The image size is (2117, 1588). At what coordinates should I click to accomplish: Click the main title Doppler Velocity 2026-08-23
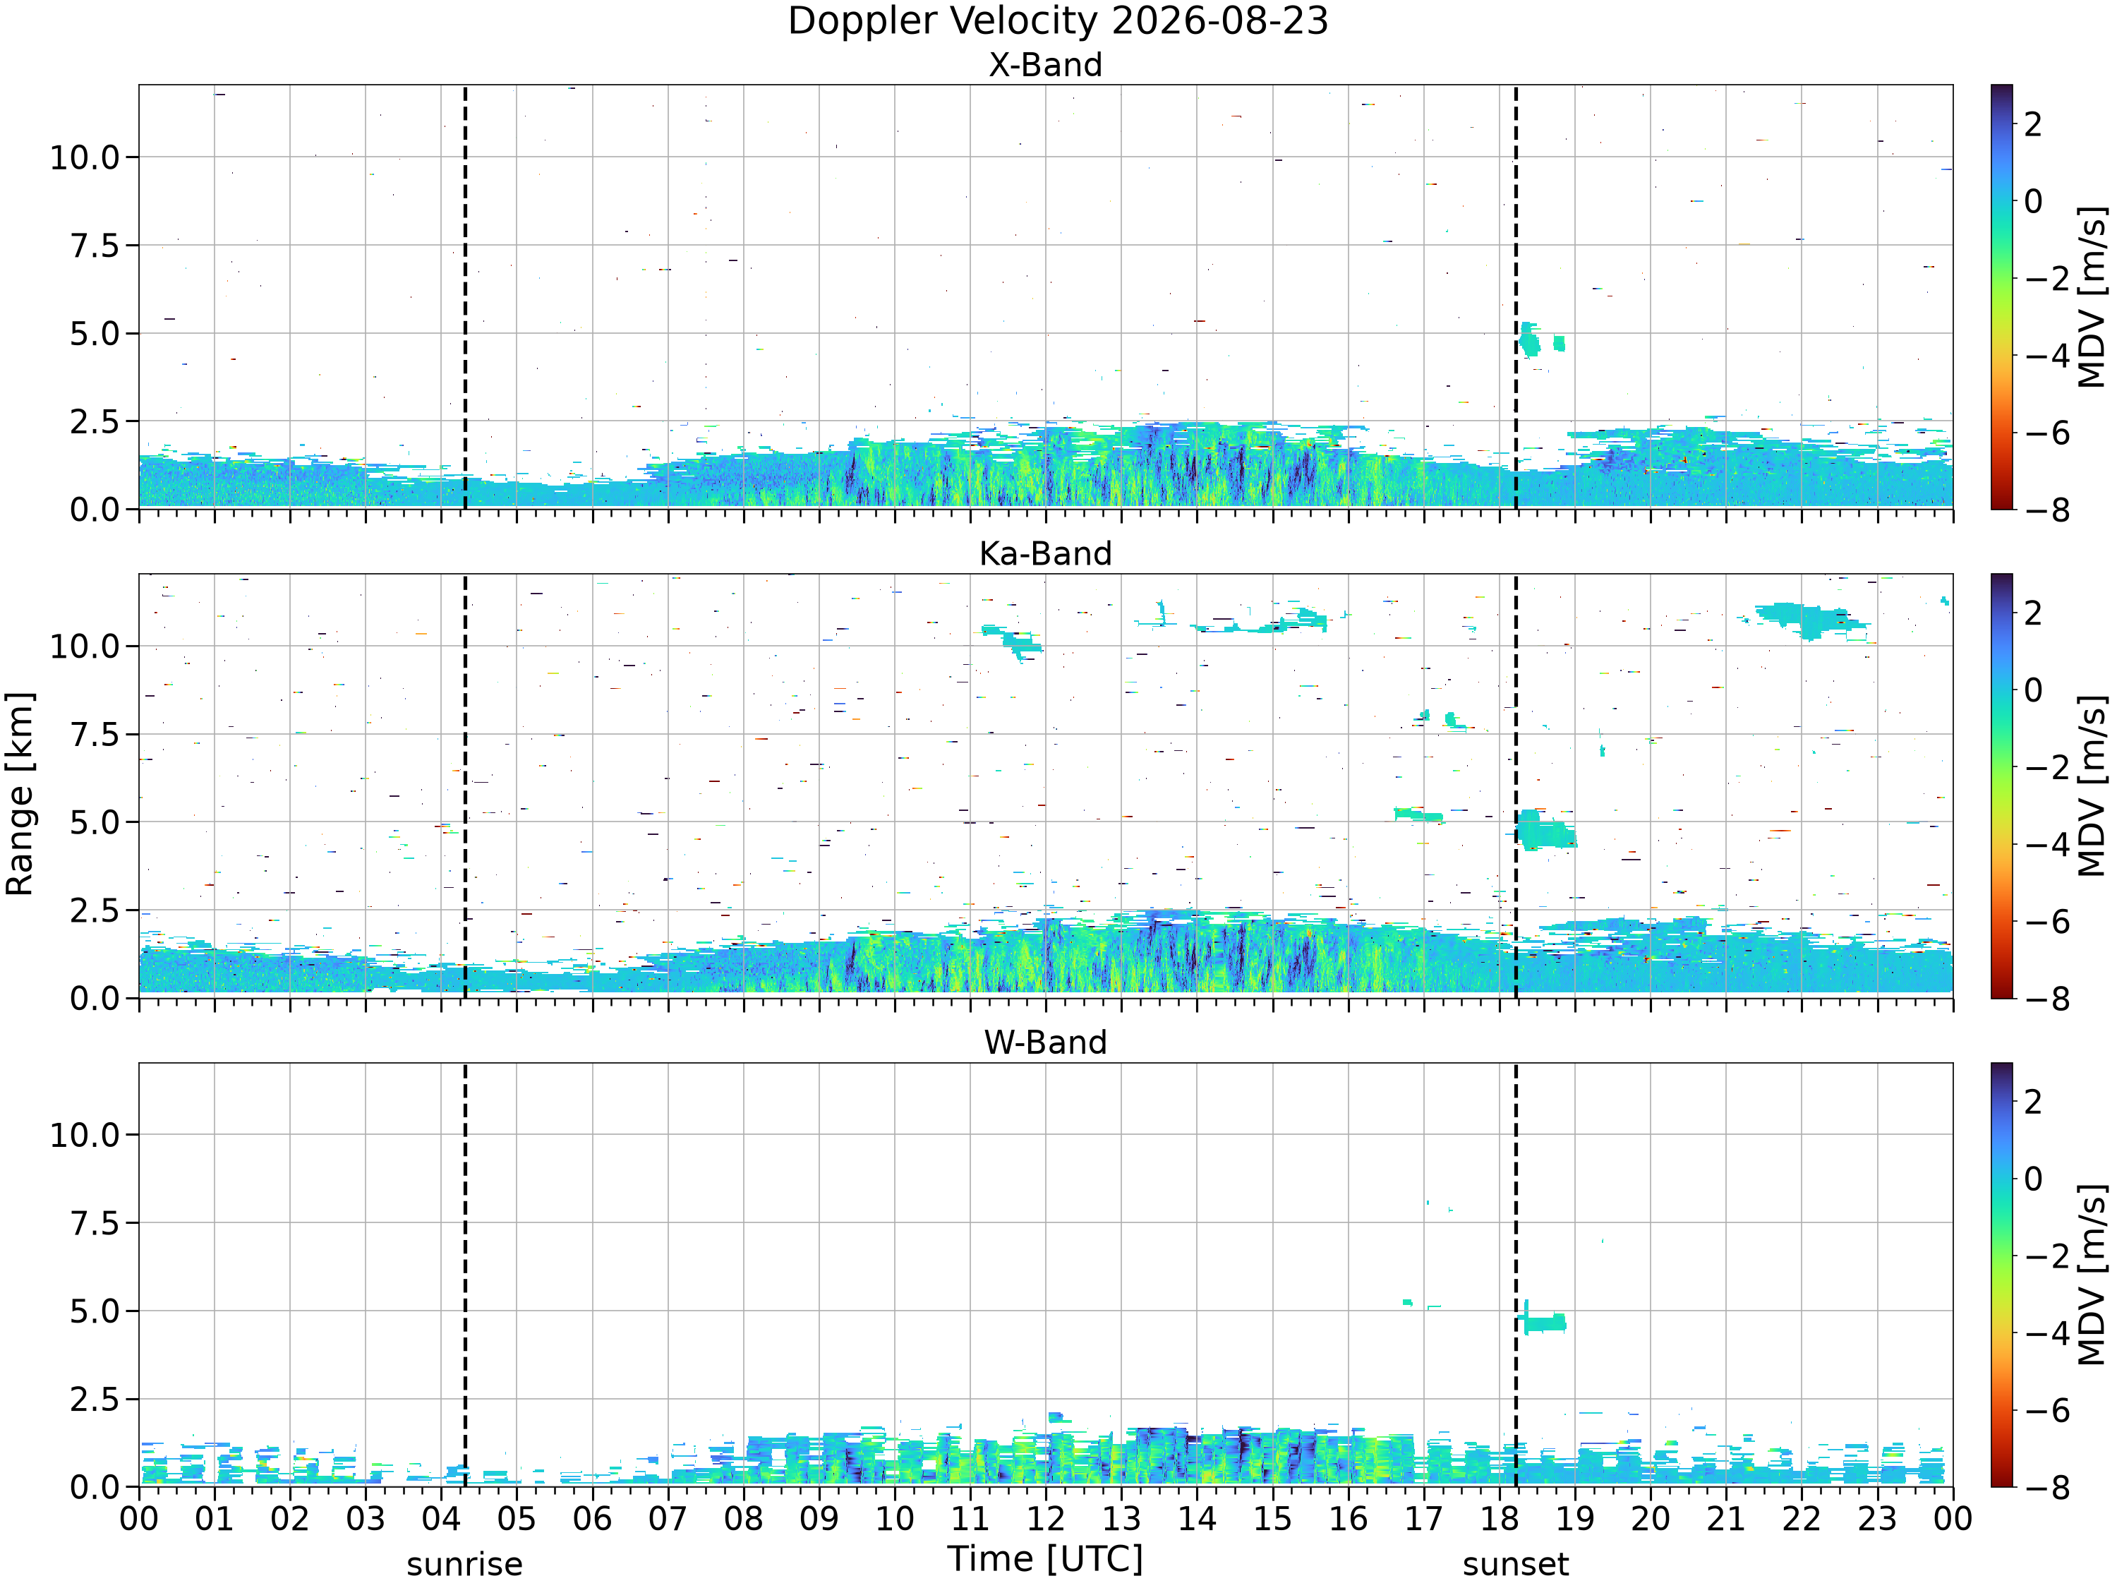(1058, 21)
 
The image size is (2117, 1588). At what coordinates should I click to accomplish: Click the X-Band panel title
(1045, 65)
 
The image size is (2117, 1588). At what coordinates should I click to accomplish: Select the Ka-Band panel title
(1045, 553)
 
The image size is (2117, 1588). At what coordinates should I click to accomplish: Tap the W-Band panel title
(1045, 1042)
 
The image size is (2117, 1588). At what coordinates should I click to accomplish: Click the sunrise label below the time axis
(464, 1564)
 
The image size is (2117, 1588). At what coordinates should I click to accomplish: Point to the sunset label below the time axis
(1516, 1564)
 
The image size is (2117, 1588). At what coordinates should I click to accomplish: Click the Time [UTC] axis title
(1045, 1559)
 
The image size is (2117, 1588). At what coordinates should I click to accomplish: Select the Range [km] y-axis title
(19, 793)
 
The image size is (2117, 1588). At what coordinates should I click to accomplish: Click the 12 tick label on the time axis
(1045, 1519)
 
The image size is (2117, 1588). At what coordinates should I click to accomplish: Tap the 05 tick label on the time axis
(517, 1519)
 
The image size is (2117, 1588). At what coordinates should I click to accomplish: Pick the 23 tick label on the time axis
(1877, 1519)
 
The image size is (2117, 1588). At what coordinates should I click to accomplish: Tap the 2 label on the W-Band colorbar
(2034, 1102)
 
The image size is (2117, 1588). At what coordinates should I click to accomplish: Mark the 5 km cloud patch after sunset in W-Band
(1542, 1322)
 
